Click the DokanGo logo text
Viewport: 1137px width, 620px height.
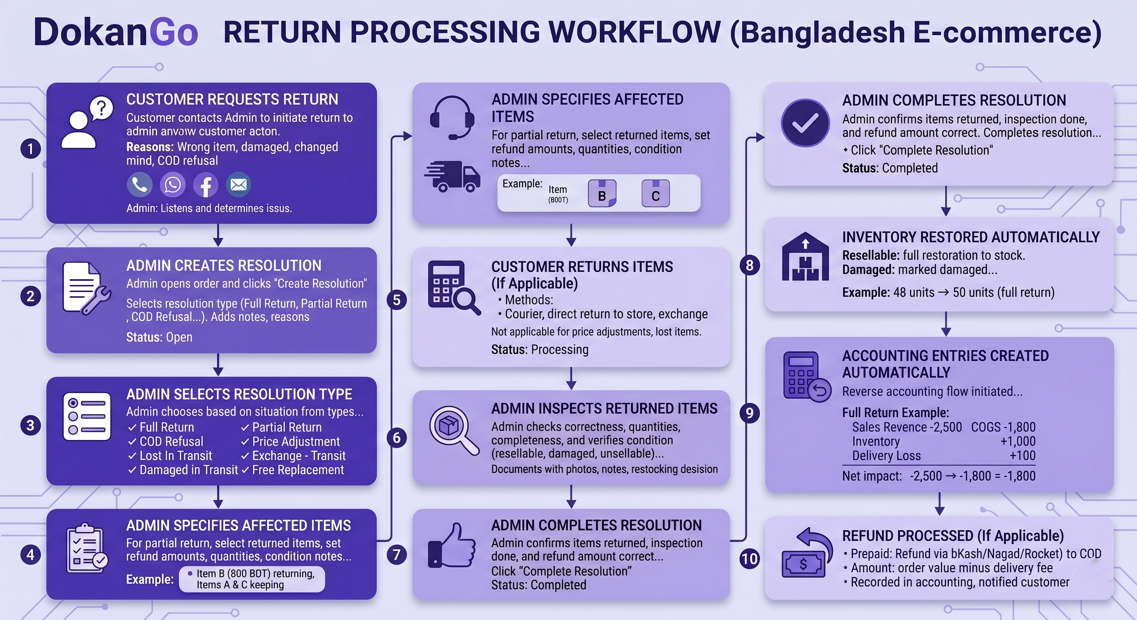[115, 32]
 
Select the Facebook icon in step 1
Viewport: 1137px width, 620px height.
[206, 185]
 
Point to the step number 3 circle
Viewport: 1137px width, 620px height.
[30, 425]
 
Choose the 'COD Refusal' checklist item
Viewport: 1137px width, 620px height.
[166, 441]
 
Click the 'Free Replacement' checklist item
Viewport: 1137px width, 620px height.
[293, 470]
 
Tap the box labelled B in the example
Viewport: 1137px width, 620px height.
[602, 194]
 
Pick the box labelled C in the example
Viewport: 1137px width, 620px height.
[655, 194]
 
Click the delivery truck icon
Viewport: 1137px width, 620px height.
[452, 176]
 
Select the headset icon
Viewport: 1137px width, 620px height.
[452, 117]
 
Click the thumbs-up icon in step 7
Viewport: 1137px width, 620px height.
[451, 545]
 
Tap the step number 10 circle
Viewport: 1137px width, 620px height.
[749, 559]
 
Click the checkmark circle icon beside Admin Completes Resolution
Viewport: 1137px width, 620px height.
[805, 123]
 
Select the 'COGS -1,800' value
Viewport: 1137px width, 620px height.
[1003, 427]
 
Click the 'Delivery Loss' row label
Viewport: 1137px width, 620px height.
[886, 456]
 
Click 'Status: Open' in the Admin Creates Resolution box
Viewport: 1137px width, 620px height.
[159, 337]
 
